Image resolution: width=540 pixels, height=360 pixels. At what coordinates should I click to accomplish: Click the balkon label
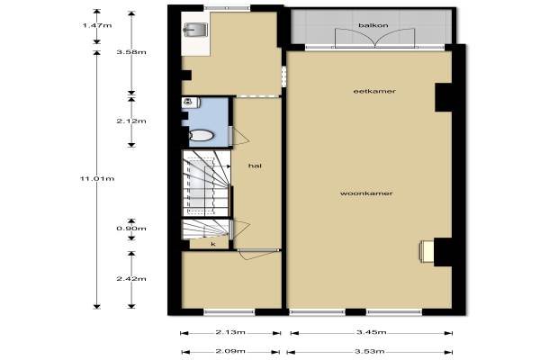click(373, 25)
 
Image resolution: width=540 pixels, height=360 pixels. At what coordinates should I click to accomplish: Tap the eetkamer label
click(374, 91)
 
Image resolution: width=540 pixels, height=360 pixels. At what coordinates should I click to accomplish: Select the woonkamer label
click(366, 193)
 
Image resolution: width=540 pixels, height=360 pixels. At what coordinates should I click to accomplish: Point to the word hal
click(255, 166)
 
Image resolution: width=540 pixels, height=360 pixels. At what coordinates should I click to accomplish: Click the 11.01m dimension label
click(97, 178)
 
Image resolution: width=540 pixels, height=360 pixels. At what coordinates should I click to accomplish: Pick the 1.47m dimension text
click(97, 25)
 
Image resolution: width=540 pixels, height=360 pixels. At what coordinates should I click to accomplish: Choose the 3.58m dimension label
click(131, 52)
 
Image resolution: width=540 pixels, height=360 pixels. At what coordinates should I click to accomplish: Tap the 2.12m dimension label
click(131, 121)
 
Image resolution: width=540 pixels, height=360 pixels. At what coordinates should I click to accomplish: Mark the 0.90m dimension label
click(131, 229)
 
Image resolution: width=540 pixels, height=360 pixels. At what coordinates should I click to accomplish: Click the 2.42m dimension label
click(131, 278)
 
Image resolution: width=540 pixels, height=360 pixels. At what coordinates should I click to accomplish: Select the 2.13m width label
click(230, 332)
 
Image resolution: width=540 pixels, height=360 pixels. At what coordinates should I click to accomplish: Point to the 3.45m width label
click(371, 332)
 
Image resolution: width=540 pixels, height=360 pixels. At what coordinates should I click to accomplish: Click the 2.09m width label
click(230, 351)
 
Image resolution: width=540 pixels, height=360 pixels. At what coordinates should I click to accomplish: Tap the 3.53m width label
click(370, 351)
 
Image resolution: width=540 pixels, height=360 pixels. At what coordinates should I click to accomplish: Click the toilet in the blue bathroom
click(201, 135)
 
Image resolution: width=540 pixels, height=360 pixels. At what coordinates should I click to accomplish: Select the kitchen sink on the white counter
click(195, 30)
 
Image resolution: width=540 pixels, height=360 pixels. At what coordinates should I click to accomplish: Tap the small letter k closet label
click(213, 244)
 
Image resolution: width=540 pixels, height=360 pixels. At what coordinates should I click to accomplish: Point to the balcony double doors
click(374, 37)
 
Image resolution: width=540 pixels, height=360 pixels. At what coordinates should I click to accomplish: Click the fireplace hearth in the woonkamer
click(427, 251)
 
